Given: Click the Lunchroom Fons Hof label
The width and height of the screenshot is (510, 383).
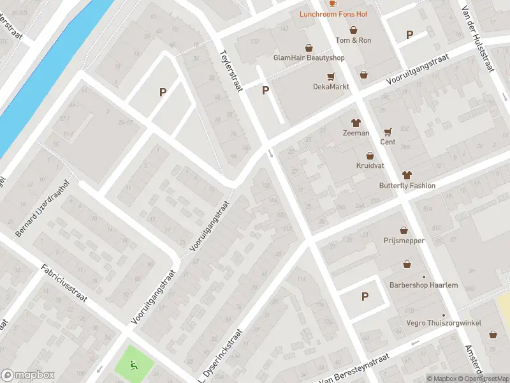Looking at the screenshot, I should [334, 13].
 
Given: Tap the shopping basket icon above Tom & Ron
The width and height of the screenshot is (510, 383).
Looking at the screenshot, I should [353, 30].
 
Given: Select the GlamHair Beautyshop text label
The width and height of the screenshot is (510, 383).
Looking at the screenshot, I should [309, 58].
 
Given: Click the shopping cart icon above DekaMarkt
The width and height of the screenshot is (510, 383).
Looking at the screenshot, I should [331, 77].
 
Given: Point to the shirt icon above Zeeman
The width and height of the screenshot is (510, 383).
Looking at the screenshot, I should [356, 123].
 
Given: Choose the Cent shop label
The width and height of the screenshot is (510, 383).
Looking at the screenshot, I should [388, 142].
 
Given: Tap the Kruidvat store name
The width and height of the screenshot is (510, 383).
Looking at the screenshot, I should [370, 166].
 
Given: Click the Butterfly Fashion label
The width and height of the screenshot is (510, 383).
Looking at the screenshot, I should [407, 186].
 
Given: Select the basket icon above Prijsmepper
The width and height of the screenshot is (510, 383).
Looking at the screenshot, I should [404, 230].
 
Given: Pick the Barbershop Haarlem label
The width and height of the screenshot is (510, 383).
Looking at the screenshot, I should [423, 285].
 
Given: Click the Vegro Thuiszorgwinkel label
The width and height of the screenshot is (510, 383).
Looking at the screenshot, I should [444, 323].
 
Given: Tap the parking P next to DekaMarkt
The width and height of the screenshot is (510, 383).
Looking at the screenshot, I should [265, 91].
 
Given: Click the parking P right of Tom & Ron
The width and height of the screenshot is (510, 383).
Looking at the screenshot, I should [409, 35].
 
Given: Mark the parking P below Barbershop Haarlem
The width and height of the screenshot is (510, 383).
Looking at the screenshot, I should [365, 296].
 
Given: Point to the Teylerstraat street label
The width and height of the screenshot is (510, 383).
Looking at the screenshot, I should [231, 70].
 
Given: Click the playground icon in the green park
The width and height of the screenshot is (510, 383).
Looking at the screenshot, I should [133, 365].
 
